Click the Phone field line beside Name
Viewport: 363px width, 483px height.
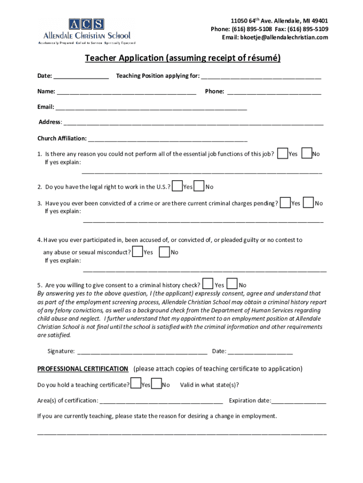click(x=274, y=92)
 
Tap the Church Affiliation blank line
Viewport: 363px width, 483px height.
click(x=167, y=139)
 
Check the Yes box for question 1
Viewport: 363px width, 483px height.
click(x=282, y=153)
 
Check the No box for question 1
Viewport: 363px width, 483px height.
click(x=306, y=153)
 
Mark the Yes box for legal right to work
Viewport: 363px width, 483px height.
click(x=177, y=186)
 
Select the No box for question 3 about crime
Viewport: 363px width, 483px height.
click(x=309, y=202)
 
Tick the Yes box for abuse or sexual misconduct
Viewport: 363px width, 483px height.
click(x=138, y=251)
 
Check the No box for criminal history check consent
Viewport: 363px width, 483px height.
click(x=232, y=284)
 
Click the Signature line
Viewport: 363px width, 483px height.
click(x=142, y=351)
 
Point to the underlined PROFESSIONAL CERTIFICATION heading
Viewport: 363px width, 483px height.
click(x=82, y=369)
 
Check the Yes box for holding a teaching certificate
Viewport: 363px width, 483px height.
click(x=135, y=384)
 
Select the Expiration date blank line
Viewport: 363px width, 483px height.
click(x=299, y=401)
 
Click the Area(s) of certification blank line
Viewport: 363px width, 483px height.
click(x=161, y=401)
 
